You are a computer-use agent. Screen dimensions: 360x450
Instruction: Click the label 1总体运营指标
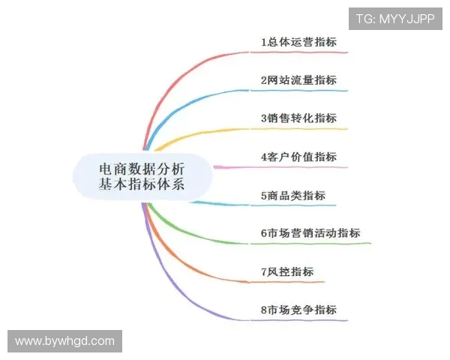tap(298, 42)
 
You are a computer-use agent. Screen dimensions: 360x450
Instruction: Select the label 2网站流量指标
tap(298, 80)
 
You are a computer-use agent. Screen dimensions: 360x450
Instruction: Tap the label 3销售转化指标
tap(298, 118)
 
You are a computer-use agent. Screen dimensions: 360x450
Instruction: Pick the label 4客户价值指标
tap(298, 157)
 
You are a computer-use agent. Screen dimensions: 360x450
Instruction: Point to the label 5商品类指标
tap(293, 195)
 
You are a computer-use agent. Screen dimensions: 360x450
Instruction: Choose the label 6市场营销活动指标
tap(310, 233)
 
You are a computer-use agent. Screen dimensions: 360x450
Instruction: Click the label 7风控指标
tap(287, 271)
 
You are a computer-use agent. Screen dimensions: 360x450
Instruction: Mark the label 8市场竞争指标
tap(298, 310)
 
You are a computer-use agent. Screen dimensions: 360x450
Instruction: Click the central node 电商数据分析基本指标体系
tap(142, 173)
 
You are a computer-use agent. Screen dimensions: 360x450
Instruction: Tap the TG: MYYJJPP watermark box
tap(394, 19)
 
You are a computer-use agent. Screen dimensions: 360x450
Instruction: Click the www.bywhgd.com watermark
tap(64, 341)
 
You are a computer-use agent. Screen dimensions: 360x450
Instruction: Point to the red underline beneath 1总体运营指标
tap(300, 52)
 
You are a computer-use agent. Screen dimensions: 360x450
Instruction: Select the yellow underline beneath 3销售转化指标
tap(300, 129)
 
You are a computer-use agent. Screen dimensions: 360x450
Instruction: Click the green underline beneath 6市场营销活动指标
tap(315, 243)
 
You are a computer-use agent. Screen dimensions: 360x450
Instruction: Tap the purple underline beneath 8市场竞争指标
tap(300, 320)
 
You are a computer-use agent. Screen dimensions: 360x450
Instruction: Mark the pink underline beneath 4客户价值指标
tap(300, 166)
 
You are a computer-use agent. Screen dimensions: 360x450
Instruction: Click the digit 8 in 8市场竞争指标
tap(264, 310)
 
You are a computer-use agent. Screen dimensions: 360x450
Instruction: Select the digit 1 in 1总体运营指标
tap(264, 42)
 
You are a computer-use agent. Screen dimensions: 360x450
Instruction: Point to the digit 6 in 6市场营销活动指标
tap(264, 233)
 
